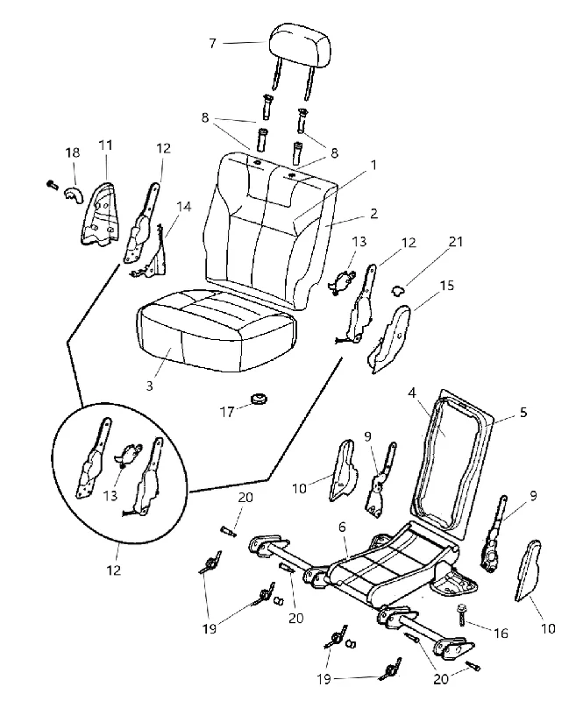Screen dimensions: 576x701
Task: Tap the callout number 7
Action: coord(212,43)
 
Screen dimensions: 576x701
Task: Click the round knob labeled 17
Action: coord(258,398)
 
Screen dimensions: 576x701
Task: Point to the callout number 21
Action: coord(456,242)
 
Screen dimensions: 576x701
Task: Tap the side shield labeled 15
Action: coord(388,338)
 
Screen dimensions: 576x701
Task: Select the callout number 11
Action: coord(105,145)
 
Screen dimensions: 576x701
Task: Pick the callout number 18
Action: coord(73,152)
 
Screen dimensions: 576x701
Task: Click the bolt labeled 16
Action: coord(461,614)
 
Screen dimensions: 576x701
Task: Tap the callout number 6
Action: coord(342,527)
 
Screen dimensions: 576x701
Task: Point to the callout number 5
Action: coord(523,412)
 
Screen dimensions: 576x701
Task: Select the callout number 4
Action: coord(412,393)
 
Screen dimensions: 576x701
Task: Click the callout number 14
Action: coord(184,207)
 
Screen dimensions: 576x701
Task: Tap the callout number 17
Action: coord(227,412)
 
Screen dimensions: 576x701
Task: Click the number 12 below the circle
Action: coord(114,570)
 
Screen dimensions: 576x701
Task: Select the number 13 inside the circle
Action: coord(110,495)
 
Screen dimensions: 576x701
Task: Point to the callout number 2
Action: coord(373,213)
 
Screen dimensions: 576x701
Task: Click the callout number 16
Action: coord(501,633)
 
